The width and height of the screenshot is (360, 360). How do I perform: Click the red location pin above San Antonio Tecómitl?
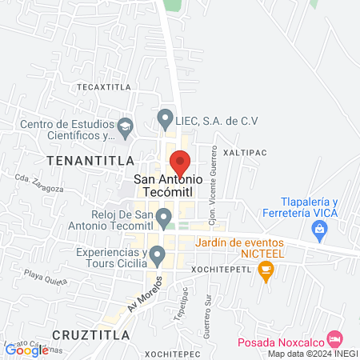pos(181,162)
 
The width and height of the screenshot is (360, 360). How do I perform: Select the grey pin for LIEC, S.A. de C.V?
pos(165,119)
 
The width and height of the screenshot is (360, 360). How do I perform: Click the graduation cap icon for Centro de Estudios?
pos(125,126)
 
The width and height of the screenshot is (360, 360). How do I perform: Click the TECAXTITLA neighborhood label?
pos(102,85)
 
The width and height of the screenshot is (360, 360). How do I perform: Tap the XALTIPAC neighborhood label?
pos(243,151)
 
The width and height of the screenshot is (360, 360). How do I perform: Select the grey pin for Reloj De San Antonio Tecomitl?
pos(164,217)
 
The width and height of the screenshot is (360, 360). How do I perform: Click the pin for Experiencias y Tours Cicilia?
pos(158,256)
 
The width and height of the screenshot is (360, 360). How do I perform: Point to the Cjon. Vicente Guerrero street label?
pos(213,197)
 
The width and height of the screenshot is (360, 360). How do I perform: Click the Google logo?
pos(26,350)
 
